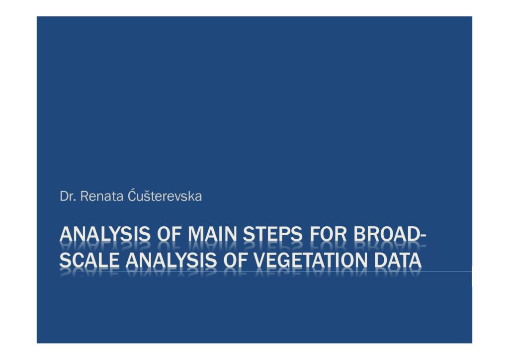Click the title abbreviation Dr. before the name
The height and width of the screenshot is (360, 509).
[x=68, y=196]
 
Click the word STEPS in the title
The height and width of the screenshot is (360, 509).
[x=273, y=234]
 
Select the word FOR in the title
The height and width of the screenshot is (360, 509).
[x=328, y=234]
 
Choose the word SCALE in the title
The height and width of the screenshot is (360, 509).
[x=89, y=261]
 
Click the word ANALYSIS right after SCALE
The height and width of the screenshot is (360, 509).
[x=171, y=261]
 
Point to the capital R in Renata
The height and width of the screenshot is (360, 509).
[x=84, y=196]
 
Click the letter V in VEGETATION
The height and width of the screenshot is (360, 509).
[x=259, y=261]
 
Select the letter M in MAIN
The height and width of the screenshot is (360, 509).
[x=196, y=234]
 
